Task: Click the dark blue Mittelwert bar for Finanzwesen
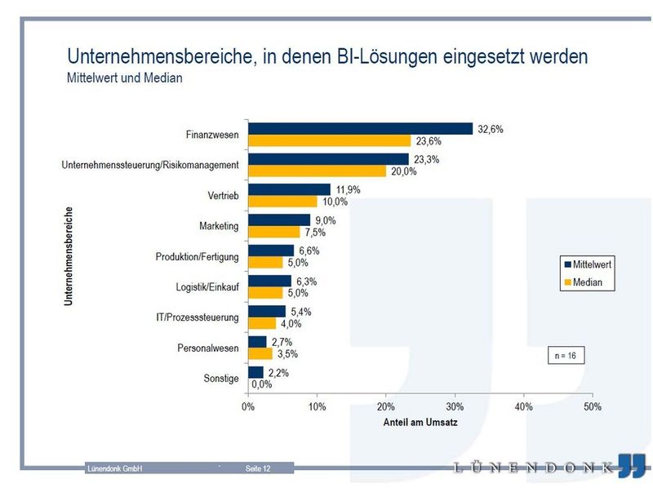[x=360, y=128]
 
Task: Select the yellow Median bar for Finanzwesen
[x=329, y=140]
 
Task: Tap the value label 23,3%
[x=427, y=160]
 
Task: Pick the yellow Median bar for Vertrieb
[x=282, y=202]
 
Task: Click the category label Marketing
[x=219, y=226]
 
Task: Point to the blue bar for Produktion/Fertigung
[x=271, y=251]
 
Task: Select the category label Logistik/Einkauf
[x=207, y=287]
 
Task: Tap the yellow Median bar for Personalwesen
[x=260, y=354]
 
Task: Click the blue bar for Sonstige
[x=255, y=372]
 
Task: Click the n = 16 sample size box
[x=566, y=356]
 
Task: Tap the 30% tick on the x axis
[x=455, y=406]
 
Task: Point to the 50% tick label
[x=593, y=406]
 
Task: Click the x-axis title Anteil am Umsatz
[x=420, y=424]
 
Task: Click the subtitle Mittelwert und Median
[x=125, y=79]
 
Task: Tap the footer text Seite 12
[x=258, y=468]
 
